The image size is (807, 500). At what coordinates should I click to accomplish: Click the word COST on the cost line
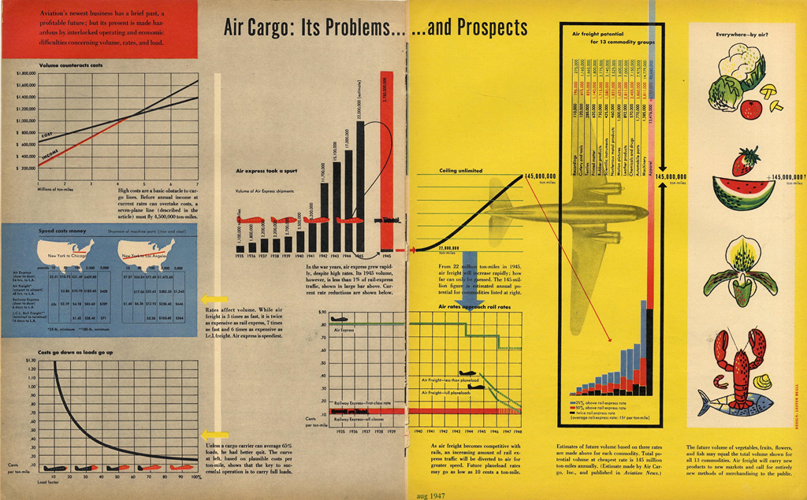coord(49,136)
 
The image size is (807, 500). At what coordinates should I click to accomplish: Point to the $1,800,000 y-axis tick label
coord(27,72)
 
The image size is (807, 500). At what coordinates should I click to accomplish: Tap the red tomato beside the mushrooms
coord(751,108)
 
